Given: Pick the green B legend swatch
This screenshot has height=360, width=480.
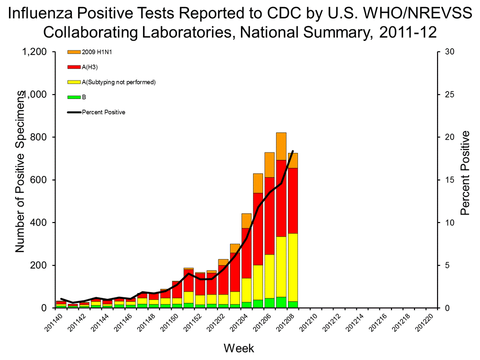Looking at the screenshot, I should coord(73,97).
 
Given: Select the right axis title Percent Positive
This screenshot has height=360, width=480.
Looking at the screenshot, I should coord(465,173).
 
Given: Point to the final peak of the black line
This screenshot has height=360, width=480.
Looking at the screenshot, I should coord(292,151).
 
